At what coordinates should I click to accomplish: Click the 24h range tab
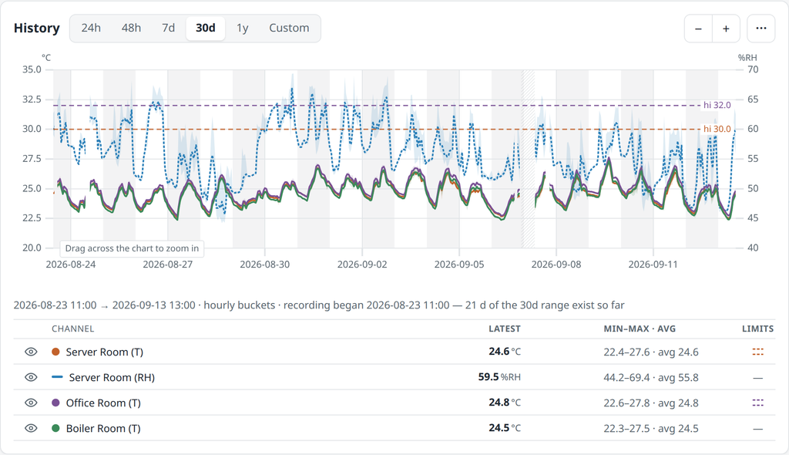click(91, 29)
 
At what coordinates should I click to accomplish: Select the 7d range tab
click(168, 29)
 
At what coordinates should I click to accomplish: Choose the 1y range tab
click(243, 29)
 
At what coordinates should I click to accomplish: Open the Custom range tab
click(289, 29)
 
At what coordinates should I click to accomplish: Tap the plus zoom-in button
click(726, 29)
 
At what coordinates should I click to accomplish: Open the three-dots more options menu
click(760, 29)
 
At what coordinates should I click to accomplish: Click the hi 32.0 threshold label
click(717, 106)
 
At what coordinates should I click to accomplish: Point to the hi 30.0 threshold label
click(717, 129)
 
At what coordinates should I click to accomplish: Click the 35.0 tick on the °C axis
click(32, 69)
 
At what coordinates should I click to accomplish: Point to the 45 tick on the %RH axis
click(753, 218)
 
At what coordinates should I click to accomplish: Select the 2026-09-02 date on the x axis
click(362, 265)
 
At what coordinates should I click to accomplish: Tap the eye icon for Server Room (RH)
click(31, 377)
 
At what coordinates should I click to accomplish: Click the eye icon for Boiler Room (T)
click(31, 428)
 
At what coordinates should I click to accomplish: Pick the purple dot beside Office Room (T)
click(55, 403)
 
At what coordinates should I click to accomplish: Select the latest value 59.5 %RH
click(499, 377)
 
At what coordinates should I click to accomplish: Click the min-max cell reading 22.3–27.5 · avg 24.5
click(651, 428)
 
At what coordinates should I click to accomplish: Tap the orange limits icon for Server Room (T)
click(758, 352)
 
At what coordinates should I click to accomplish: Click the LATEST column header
click(505, 329)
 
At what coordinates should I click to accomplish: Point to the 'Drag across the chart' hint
click(132, 248)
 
